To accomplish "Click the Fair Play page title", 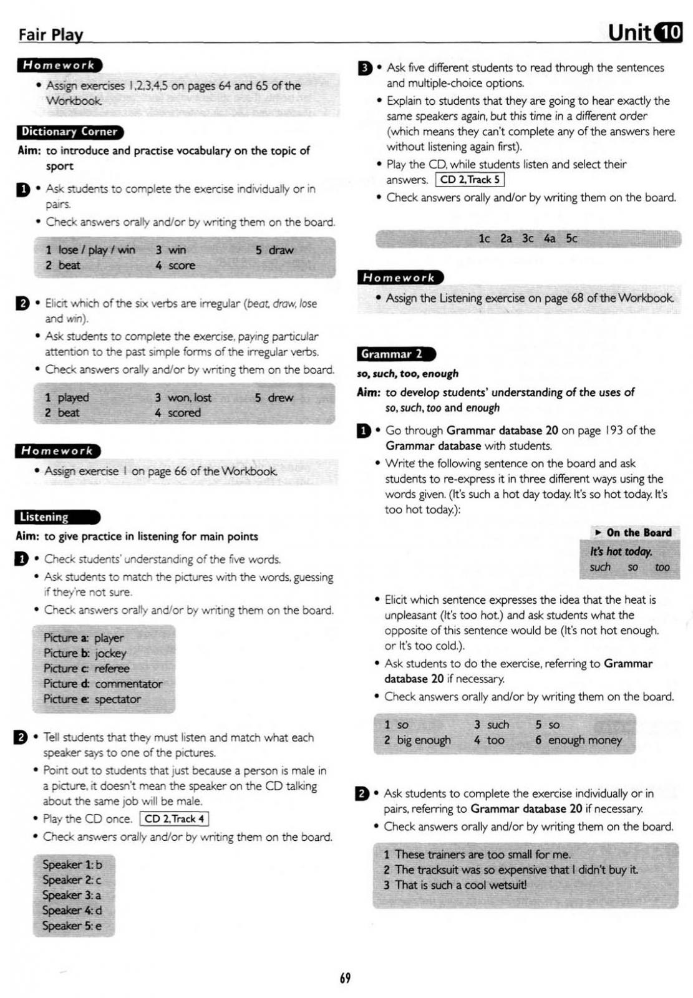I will point(51,34).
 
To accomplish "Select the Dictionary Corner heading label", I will point(69,132).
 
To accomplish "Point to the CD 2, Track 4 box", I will point(174,818).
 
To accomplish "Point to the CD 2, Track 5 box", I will point(470,180).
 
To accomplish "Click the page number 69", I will point(345,977).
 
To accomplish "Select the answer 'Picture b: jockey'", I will point(85,653).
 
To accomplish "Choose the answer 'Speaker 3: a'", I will point(72,895).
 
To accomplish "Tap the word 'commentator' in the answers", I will point(128,684).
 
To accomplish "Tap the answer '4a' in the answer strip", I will point(549,238).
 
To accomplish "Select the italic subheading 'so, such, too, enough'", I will point(408,374).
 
